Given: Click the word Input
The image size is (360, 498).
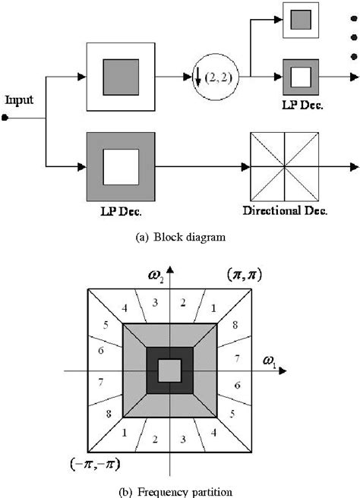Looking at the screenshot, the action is point(20,100).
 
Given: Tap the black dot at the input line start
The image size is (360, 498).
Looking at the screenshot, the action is point(5,118).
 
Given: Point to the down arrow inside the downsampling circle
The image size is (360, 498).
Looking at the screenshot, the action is point(198,77).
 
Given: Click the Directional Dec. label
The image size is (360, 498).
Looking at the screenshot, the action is point(285,210).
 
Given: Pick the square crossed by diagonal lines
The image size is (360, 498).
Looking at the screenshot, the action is point(284,167).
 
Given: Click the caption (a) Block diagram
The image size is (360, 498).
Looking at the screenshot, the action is point(181,238).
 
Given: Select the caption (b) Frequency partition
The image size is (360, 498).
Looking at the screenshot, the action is point(175,492).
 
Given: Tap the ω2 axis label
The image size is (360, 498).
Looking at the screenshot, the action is point(156,276).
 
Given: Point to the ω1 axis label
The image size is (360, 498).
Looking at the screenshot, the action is point(270,362).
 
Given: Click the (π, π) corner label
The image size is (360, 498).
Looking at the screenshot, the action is point(245,275).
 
